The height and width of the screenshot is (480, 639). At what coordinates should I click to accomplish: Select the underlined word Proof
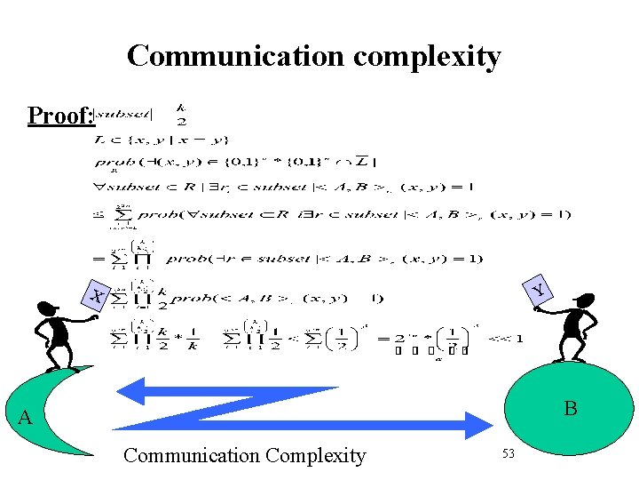(x=58, y=116)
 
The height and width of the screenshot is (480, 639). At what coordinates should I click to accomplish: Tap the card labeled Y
(x=537, y=289)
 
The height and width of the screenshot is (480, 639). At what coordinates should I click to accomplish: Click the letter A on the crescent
(x=25, y=418)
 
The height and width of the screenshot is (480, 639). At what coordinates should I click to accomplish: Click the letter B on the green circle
(x=570, y=409)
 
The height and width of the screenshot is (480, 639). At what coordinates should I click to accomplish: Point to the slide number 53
(x=509, y=454)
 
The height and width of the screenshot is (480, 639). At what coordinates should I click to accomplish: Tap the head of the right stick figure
(x=581, y=302)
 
